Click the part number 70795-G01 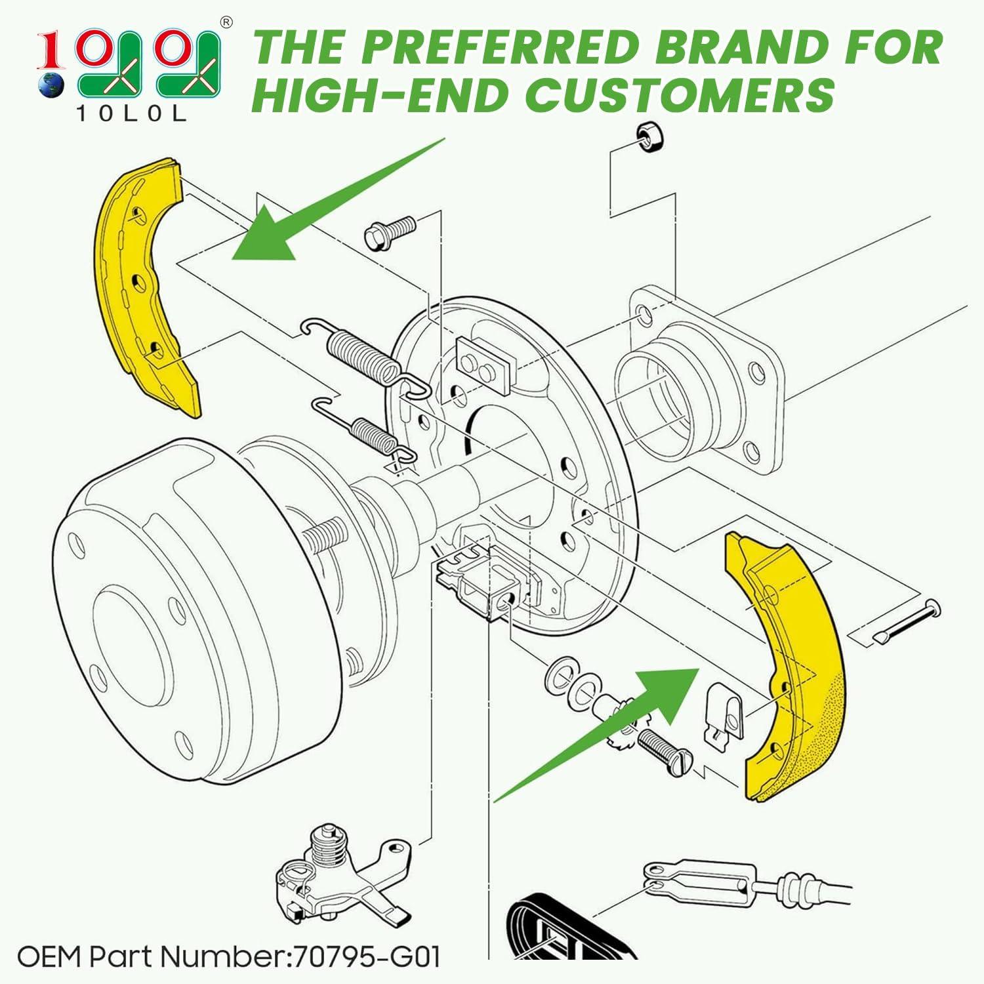coord(367,957)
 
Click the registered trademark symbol coord(226,22)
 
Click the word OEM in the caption coord(50,957)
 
